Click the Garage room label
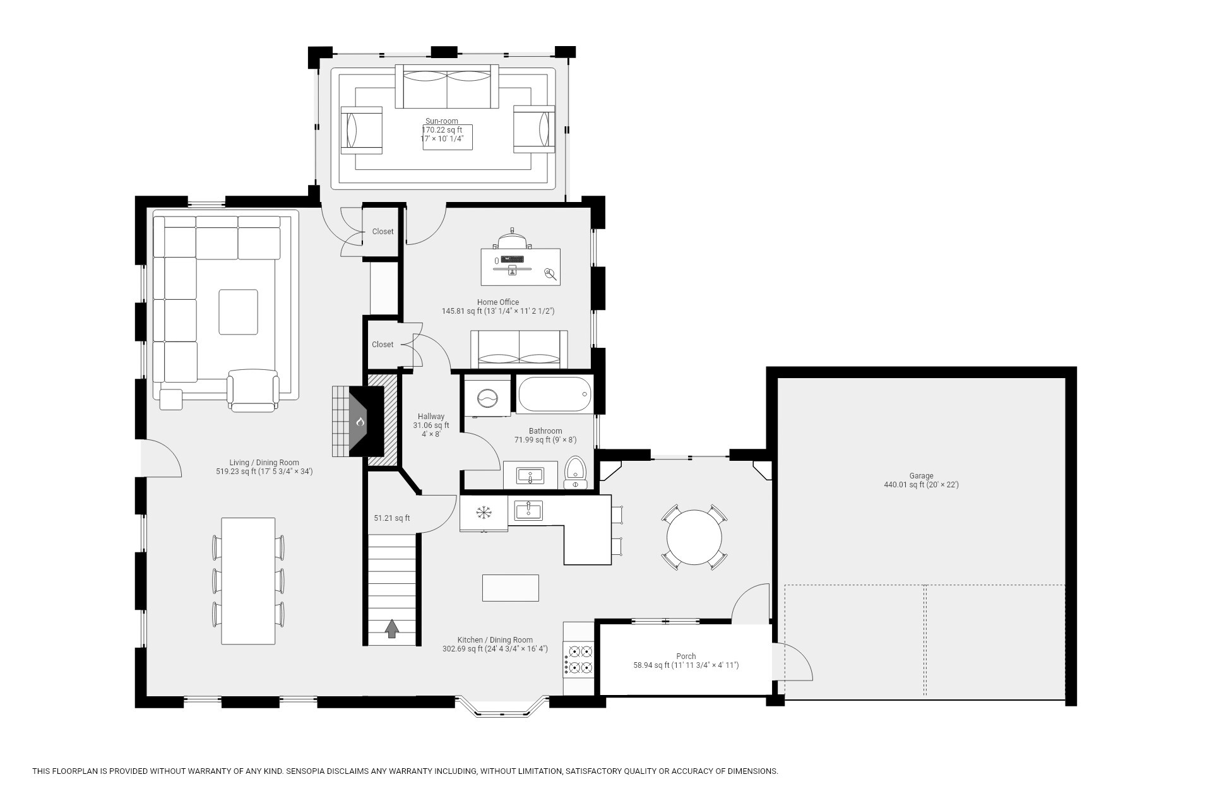(921, 476)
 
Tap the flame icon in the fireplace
(360, 421)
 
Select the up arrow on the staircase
(392, 628)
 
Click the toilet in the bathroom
(575, 472)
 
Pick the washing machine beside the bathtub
(487, 398)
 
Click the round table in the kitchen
(694, 537)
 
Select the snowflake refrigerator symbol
(484, 513)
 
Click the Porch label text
(686, 656)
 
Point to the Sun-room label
(441, 121)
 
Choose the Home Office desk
(520, 266)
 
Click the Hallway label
(431, 417)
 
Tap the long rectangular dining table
(248, 581)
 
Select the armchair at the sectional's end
(252, 389)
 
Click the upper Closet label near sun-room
(383, 232)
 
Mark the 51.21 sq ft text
(391, 518)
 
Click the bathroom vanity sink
(529, 475)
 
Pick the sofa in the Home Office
(519, 349)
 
